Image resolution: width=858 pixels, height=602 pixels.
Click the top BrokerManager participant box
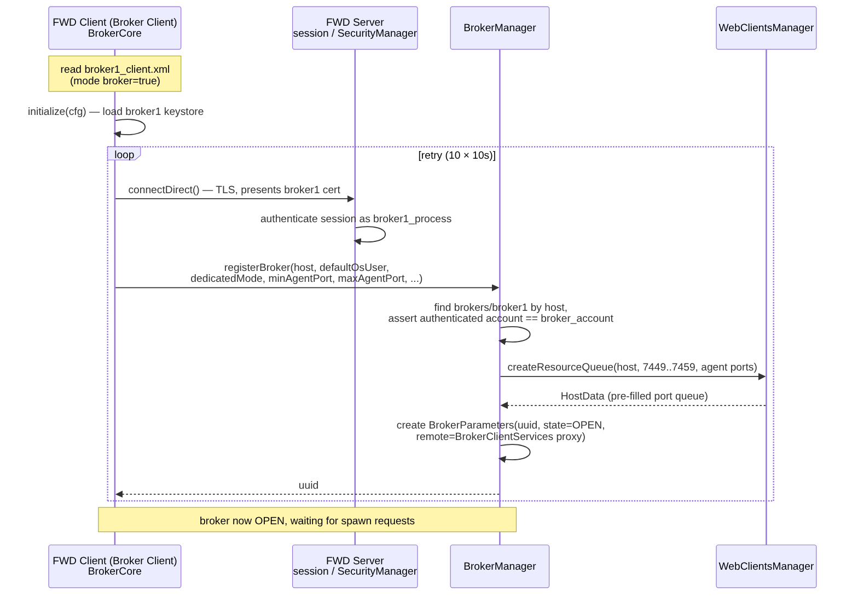pos(500,28)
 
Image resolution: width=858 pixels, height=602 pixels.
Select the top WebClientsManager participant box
pos(766,28)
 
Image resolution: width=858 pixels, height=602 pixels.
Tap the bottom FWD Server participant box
pos(355,566)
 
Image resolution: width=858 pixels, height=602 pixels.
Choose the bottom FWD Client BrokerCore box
pos(114,566)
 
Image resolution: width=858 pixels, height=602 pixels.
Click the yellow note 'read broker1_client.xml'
pos(114,74)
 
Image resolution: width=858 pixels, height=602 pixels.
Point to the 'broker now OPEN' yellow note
pos(307,519)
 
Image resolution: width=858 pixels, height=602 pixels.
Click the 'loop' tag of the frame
pos(124,154)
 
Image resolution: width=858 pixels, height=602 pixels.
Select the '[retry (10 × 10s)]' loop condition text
pos(456,155)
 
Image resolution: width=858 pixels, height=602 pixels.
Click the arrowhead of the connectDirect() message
pos(351,199)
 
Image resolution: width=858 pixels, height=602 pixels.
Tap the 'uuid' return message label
pos(309,485)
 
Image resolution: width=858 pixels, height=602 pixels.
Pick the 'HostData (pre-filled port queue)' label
pos(634,396)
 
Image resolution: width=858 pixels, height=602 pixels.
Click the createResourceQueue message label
pos(632,367)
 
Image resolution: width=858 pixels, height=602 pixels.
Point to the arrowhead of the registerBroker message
pos(496,288)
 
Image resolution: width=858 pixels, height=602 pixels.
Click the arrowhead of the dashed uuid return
pos(119,494)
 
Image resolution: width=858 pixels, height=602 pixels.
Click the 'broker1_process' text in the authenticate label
pos(412,219)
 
